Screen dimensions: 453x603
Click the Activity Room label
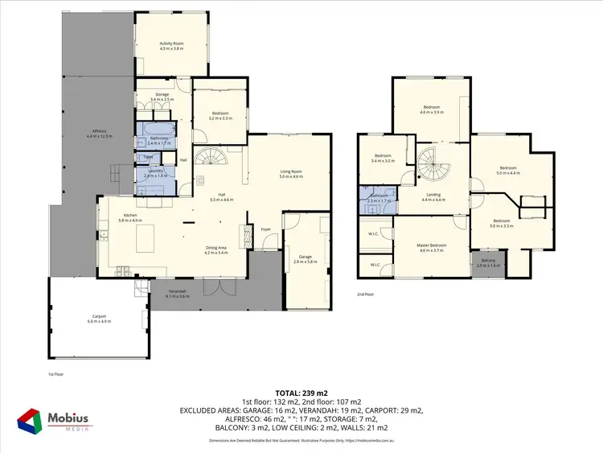tap(171, 46)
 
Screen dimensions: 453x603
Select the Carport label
tap(99, 319)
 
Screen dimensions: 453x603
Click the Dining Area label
tap(215, 249)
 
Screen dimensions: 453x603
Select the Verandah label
tap(177, 294)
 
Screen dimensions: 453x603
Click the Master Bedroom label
tap(432, 247)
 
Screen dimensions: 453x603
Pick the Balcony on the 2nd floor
tap(488, 262)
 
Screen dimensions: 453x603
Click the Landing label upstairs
tap(433, 196)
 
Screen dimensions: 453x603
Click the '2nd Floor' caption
tap(367, 294)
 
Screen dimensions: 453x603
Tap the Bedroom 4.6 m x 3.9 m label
tap(432, 109)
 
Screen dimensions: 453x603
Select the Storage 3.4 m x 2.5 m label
tap(162, 97)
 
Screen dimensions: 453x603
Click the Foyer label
tap(265, 229)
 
